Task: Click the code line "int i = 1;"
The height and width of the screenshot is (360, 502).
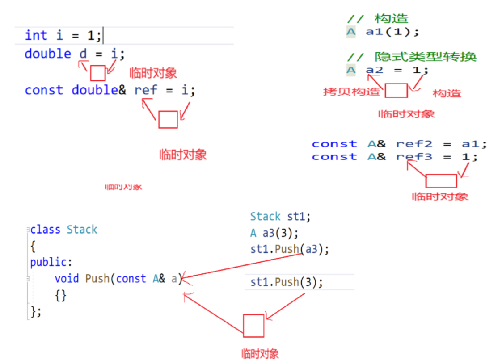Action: point(63,35)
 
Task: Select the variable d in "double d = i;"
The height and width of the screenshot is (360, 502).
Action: point(84,54)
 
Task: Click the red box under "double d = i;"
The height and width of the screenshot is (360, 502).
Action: point(98,73)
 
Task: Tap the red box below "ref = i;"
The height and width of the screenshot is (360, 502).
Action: point(168,120)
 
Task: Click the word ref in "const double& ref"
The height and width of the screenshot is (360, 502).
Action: point(146,90)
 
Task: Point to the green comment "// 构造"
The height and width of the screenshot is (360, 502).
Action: point(378,19)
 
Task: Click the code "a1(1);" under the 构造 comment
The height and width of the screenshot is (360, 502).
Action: point(392,32)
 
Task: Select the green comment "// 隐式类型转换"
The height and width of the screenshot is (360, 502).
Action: point(412,57)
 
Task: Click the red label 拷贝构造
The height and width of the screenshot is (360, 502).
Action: point(351,92)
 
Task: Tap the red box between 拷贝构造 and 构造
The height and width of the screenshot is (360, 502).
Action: point(396,91)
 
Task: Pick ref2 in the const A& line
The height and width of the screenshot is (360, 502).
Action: point(414,144)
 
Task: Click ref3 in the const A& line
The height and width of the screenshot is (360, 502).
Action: point(414,157)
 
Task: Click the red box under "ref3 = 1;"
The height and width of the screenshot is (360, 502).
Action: point(441,181)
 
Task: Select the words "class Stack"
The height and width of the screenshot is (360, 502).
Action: point(63,230)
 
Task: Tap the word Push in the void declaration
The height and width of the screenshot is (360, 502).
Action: point(97,279)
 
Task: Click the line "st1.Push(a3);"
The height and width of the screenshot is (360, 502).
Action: point(289,249)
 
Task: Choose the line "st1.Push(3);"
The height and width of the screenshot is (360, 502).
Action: point(286,282)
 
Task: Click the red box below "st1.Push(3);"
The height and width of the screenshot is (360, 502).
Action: point(253,326)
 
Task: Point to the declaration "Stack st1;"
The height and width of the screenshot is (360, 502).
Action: point(280,217)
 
